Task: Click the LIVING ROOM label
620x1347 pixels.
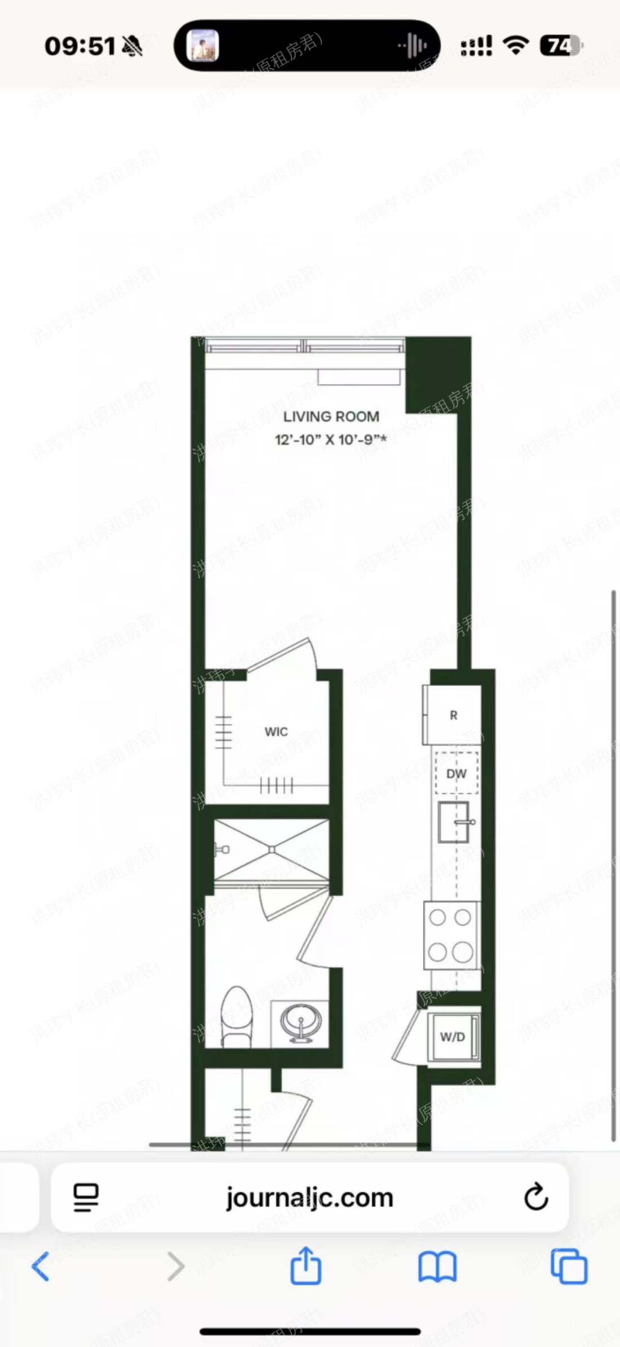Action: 331,416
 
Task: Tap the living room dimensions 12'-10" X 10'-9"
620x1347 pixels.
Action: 330,440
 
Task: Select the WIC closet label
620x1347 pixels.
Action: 276,732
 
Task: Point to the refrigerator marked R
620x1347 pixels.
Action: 453,715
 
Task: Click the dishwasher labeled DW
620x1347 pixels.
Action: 457,774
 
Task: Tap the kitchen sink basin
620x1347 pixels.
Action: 453,822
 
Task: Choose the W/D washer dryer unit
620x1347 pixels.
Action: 453,1036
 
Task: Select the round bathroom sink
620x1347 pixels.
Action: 300,1021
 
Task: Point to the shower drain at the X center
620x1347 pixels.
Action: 272,849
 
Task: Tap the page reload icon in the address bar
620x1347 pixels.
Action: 535,1197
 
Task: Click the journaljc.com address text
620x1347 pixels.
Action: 309,1197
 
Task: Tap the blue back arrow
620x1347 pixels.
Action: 41,1266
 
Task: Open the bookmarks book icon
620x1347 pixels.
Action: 437,1266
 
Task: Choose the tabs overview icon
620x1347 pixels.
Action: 569,1266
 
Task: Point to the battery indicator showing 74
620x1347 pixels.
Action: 560,46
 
